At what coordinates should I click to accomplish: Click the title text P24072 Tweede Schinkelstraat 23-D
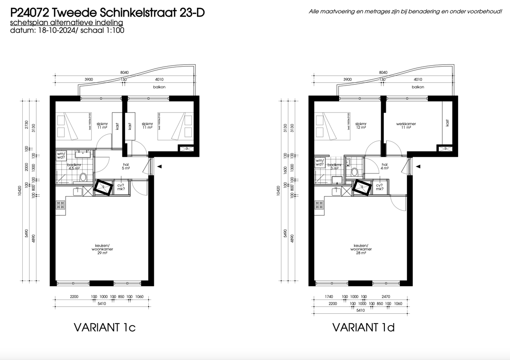coord(107,13)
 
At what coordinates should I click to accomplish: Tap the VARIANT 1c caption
coord(105,327)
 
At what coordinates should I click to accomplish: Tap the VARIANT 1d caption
coord(363,327)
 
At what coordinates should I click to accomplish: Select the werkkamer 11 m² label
coord(406,126)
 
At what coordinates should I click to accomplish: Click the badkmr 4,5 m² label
coord(74,166)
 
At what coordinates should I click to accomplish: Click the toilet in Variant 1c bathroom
coord(84,177)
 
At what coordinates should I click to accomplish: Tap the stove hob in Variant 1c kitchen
coord(60,205)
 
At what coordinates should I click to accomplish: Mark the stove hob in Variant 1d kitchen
coord(319,205)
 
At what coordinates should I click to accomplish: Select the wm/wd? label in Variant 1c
coord(61,156)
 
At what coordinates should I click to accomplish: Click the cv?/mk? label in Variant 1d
coord(379,188)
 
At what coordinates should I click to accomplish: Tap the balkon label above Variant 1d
coord(417,87)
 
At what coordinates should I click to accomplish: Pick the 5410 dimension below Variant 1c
coord(102,303)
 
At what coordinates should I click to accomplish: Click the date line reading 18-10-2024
coord(67,30)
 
